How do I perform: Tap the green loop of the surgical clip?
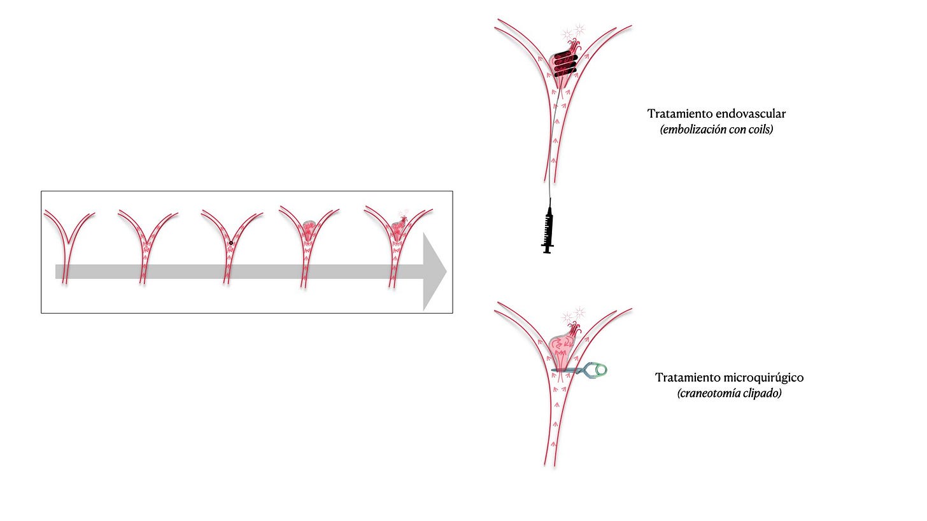pos(599,369)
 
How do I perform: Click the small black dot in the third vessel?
pos(231,242)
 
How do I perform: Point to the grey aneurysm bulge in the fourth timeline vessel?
pos(309,226)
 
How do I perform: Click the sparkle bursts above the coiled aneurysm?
pos(572,31)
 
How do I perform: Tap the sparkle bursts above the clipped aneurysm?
pos(572,315)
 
